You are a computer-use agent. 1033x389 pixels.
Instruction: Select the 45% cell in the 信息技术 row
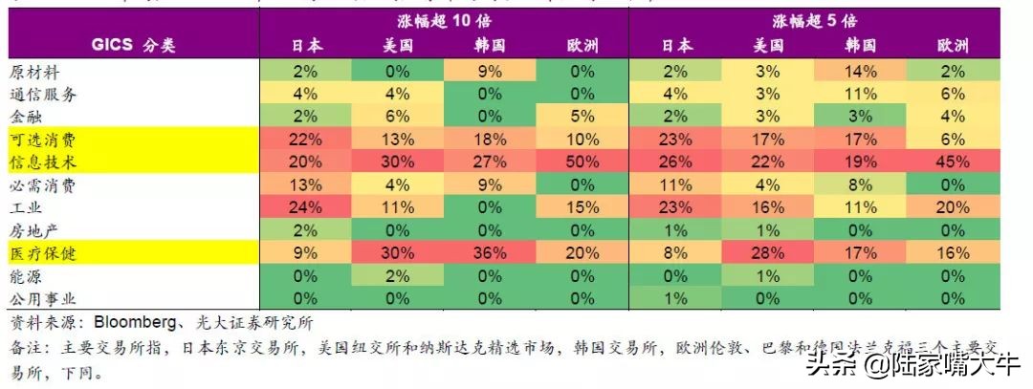[953, 162]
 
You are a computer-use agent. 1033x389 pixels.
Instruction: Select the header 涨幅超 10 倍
[444, 20]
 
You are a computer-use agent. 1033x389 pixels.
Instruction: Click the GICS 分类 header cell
[134, 45]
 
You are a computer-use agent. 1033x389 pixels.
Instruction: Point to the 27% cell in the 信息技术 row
[489, 162]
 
